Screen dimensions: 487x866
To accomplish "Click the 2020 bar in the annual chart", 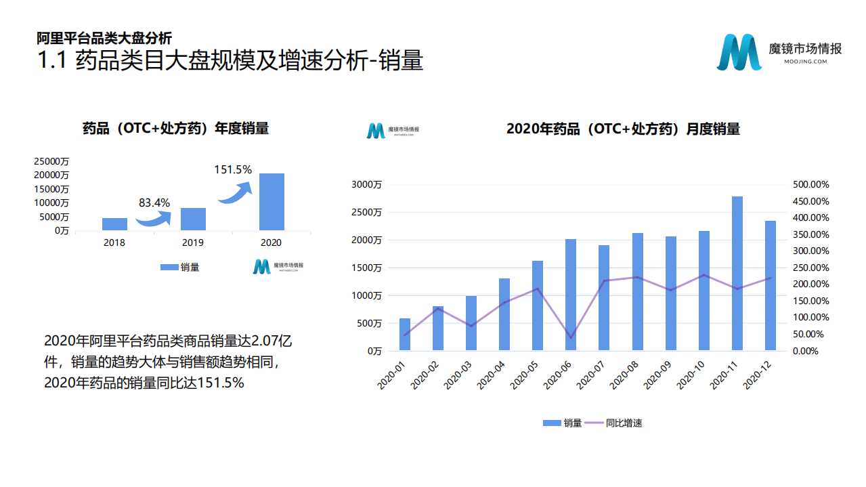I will (x=272, y=202).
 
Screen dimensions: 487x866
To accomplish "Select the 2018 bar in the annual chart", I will (x=114, y=224).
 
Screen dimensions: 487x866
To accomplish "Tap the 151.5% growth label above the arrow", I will (x=233, y=169).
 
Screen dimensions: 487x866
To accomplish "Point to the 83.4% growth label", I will (x=154, y=203).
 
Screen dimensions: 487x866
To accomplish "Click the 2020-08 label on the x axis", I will (x=626, y=375).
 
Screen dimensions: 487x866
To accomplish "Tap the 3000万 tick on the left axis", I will (x=366, y=184).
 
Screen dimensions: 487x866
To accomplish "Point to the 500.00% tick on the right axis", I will (x=810, y=184).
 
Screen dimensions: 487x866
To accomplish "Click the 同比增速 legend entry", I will (x=613, y=423).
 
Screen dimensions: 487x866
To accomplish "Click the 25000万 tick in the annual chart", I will (x=52, y=161).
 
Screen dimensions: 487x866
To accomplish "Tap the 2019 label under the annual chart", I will (x=193, y=242).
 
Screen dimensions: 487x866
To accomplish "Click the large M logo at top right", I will (x=739, y=51).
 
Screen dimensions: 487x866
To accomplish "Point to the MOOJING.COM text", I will (x=806, y=62).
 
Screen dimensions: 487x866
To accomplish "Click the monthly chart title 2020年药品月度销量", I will (x=623, y=129).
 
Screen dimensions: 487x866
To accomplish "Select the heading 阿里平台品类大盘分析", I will (x=104, y=39).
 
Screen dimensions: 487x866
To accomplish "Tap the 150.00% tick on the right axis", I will (x=810, y=301).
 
